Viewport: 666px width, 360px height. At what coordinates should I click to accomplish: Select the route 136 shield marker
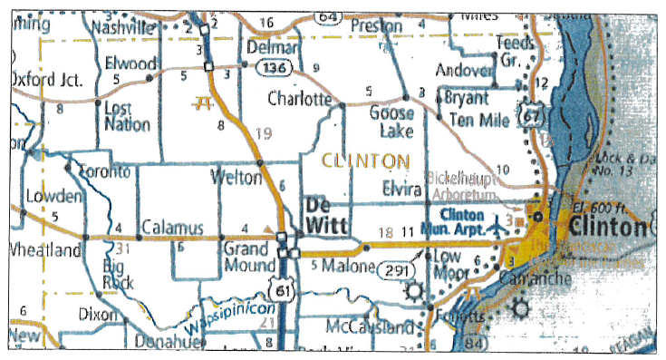click(x=271, y=68)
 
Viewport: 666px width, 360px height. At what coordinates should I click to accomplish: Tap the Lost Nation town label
click(x=128, y=116)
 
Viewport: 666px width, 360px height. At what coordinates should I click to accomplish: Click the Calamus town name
click(x=169, y=228)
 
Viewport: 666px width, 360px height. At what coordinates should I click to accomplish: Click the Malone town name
click(x=348, y=266)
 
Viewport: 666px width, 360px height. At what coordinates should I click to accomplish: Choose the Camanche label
click(x=540, y=278)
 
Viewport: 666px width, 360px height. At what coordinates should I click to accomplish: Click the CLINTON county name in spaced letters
click(x=362, y=161)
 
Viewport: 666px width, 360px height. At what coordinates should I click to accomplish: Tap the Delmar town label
click(x=273, y=47)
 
